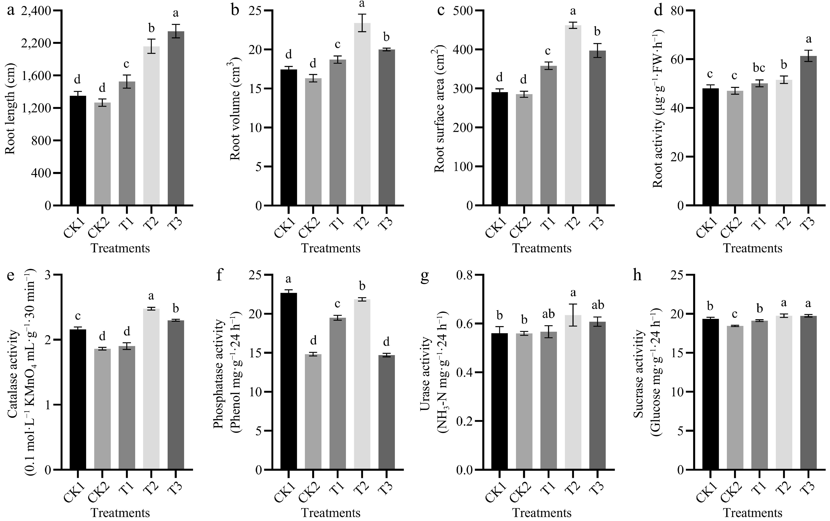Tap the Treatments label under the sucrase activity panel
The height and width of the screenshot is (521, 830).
click(752, 513)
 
